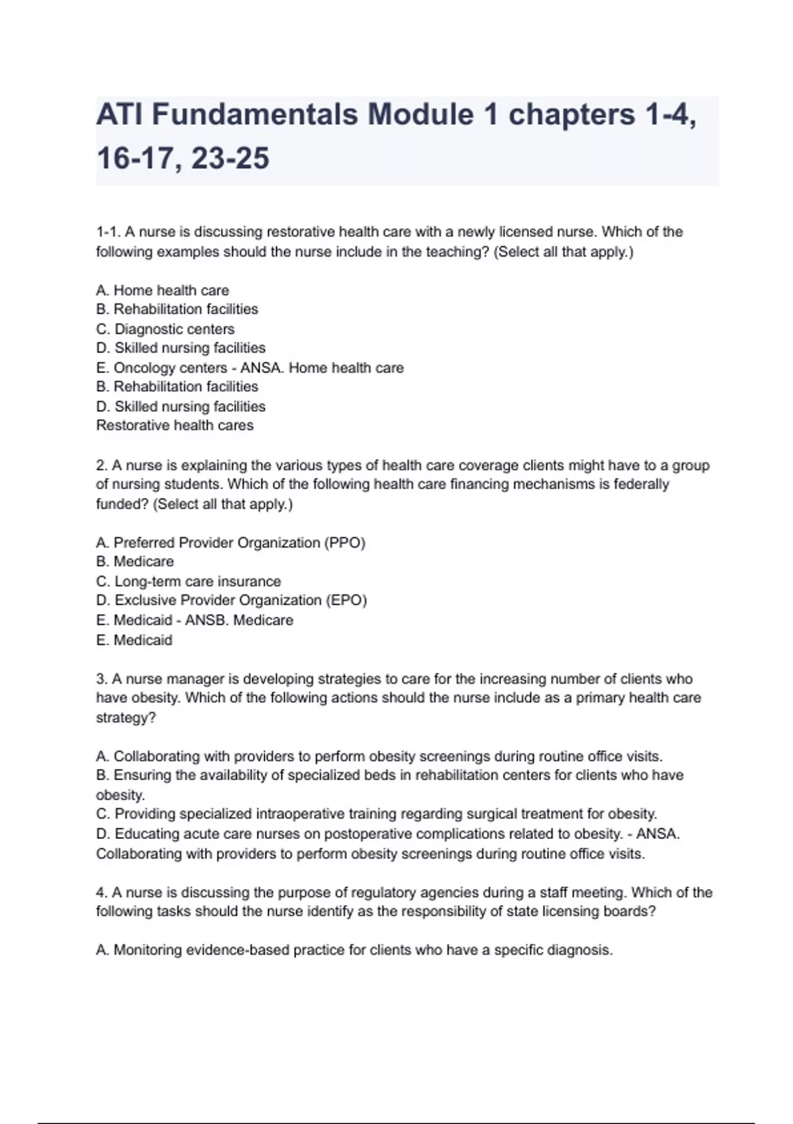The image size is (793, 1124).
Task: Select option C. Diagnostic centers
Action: click(x=165, y=329)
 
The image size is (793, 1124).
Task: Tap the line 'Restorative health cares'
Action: click(x=174, y=425)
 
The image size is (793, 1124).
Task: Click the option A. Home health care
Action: click(x=163, y=290)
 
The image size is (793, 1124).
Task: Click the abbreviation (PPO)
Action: click(x=344, y=543)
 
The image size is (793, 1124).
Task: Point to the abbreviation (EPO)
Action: click(x=346, y=600)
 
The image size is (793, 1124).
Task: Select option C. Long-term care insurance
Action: click(x=188, y=581)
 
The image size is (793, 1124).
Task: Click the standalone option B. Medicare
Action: click(x=135, y=561)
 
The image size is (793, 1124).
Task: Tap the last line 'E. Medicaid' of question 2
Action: click(x=134, y=640)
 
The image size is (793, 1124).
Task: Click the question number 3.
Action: click(x=101, y=679)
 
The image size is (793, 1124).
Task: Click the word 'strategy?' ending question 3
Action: click(x=126, y=717)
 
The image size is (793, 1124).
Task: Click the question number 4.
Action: click(x=101, y=893)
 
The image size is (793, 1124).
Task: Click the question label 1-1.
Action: click(x=106, y=232)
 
